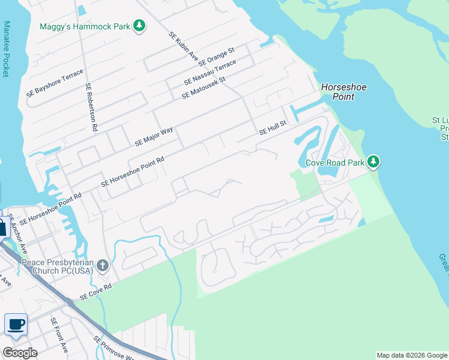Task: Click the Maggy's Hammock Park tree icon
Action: pyautogui.click(x=139, y=26)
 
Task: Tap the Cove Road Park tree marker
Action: pyautogui.click(x=373, y=161)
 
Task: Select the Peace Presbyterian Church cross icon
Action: pyautogui.click(x=103, y=265)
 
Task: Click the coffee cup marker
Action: pyautogui.click(x=16, y=325)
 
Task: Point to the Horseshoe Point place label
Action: pyautogui.click(x=343, y=92)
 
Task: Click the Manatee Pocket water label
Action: pyautogui.click(x=7, y=49)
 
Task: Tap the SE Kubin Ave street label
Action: pyautogui.click(x=183, y=46)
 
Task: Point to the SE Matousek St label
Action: pyautogui.click(x=203, y=87)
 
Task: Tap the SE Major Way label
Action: pyautogui.click(x=154, y=136)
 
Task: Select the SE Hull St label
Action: pyautogui.click(x=273, y=127)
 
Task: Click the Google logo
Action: pyautogui.click(x=19, y=353)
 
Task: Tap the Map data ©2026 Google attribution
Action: pyautogui.click(x=412, y=355)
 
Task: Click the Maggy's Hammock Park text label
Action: pyautogui.click(x=85, y=26)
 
